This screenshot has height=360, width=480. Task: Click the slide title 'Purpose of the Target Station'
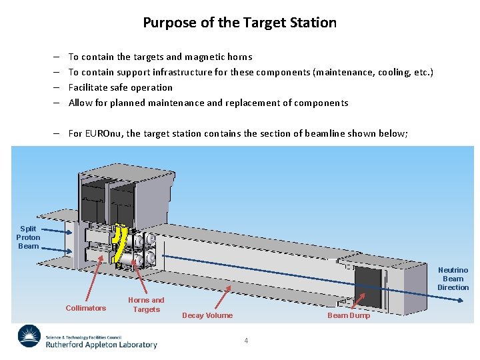click(239, 23)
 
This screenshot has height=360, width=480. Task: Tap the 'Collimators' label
click(85, 308)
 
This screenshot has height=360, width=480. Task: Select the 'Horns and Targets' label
click(146, 305)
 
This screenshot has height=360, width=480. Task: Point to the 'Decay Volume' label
click(207, 315)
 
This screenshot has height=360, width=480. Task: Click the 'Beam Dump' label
click(348, 315)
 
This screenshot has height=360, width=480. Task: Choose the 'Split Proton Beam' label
click(28, 237)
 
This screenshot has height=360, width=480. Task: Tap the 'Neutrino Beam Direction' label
click(453, 279)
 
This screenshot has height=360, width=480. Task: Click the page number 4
click(246, 341)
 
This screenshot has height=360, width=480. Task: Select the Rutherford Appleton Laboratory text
click(101, 344)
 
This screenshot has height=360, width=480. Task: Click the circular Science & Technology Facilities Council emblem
click(29, 336)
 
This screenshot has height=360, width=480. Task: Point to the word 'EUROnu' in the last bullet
click(103, 133)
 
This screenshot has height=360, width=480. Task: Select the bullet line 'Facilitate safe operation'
click(120, 87)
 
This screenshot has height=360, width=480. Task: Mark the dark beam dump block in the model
click(367, 279)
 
